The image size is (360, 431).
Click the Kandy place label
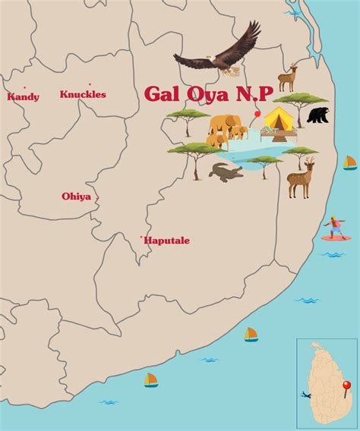click(x=23, y=97)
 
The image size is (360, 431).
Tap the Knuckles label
click(x=83, y=95)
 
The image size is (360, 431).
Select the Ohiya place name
click(x=76, y=197)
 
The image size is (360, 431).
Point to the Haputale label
click(x=167, y=241)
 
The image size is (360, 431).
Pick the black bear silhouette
click(x=318, y=115)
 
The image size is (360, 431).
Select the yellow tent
click(x=279, y=119)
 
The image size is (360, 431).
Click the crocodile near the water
click(x=225, y=172)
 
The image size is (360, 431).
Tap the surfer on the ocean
click(x=333, y=226)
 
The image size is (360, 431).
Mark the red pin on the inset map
click(x=346, y=386)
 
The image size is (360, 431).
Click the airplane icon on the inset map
click(x=305, y=395)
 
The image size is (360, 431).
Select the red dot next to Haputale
click(x=141, y=238)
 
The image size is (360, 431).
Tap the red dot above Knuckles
click(x=90, y=84)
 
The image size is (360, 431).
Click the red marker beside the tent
click(x=257, y=114)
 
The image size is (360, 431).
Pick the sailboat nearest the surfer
click(x=349, y=162)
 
